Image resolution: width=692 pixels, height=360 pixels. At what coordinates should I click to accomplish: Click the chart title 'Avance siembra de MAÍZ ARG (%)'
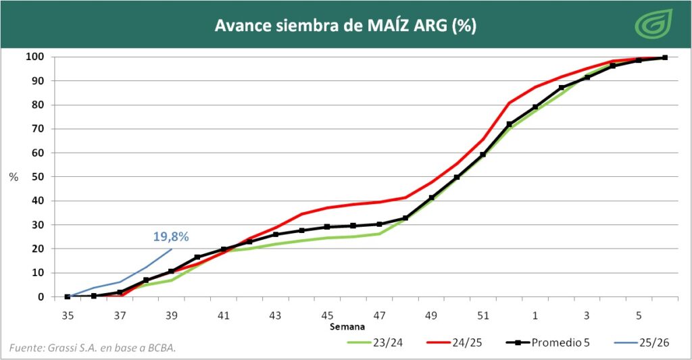coord(345,26)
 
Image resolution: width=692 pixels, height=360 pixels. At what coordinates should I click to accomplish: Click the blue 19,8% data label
coord(170,236)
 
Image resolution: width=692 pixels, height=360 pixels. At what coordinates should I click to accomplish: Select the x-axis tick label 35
coord(68,315)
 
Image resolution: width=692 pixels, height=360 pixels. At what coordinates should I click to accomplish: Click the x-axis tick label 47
coord(379,315)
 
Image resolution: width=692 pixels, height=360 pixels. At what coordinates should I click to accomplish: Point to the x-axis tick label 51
coord(483,315)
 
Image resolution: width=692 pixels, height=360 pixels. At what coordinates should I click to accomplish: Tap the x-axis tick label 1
coord(535,315)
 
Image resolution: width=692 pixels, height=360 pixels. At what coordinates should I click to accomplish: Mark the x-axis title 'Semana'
coord(347,327)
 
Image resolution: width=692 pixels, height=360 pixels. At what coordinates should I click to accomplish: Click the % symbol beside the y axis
coord(14,177)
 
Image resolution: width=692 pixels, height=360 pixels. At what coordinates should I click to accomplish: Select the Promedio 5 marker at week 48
coord(405,218)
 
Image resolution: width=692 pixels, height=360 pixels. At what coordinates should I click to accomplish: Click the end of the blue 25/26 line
coord(172,249)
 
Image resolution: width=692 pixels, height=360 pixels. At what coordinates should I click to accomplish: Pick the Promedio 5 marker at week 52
coord(509,124)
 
